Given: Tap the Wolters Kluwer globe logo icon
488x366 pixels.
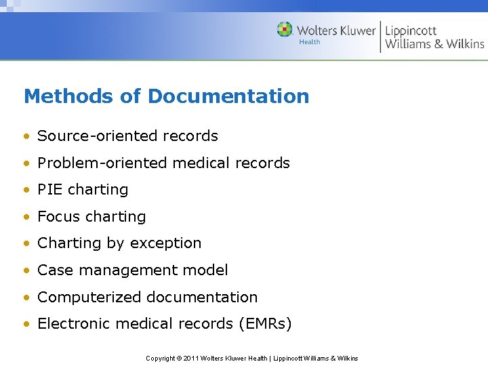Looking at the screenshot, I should point(285,29).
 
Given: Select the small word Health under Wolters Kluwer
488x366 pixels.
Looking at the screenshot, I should point(309,42).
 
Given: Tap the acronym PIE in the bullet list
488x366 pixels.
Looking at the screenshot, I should point(49,189).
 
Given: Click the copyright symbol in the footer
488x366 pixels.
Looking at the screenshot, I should point(178,358).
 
